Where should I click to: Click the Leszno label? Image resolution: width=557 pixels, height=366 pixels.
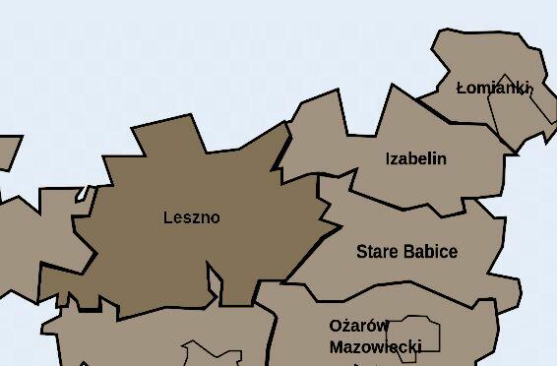tap(192, 217)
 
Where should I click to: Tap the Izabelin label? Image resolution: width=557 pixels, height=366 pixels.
tap(415, 158)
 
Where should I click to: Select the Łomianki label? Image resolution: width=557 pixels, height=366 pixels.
tap(494, 88)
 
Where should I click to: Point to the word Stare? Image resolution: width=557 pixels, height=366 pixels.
tap(377, 251)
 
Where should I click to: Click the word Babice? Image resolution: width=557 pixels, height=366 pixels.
tap(430, 251)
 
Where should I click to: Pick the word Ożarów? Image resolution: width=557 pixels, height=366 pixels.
tap(359, 326)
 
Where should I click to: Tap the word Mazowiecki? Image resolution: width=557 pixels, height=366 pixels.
tap(375, 346)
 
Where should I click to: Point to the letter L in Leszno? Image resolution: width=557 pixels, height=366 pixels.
tap(168, 217)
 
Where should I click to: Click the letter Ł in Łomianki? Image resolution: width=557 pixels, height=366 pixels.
tap(462, 88)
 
